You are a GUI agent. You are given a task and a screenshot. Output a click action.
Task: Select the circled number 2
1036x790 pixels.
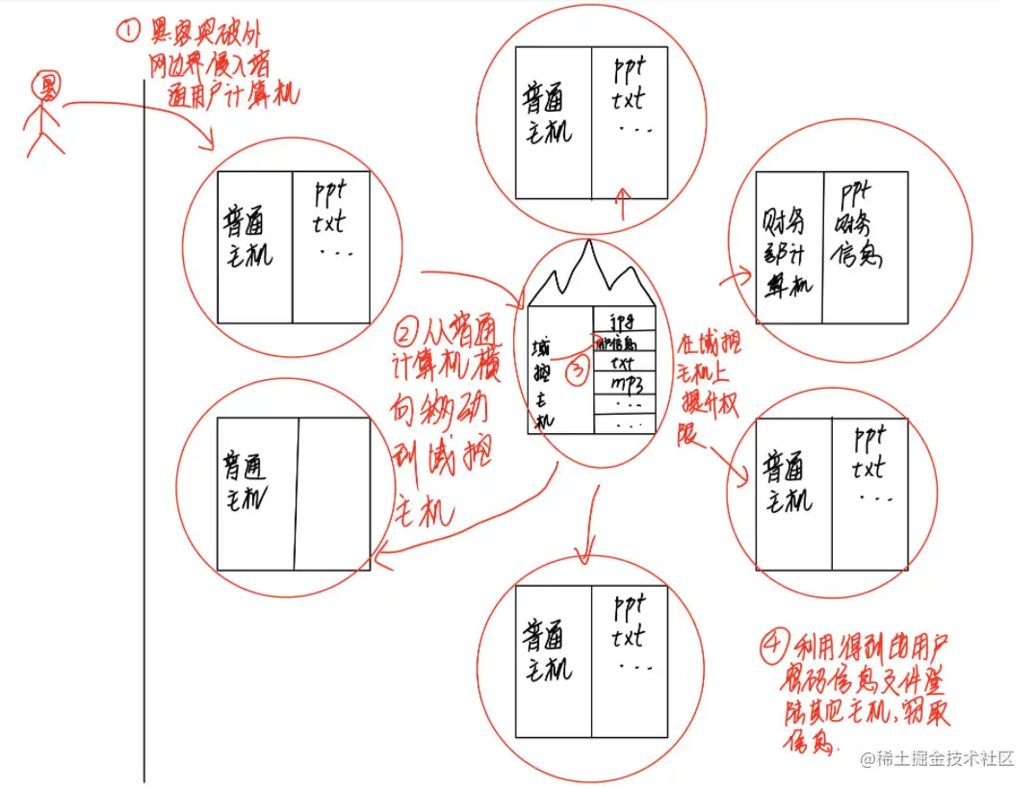(406, 336)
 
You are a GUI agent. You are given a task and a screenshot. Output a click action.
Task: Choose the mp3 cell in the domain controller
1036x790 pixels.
(625, 385)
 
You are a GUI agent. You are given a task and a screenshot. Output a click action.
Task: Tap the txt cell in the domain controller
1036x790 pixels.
(625, 363)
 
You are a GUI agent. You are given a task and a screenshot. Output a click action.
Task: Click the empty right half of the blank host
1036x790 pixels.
(333, 494)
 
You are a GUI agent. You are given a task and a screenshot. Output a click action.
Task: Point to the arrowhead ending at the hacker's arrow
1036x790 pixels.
(209, 144)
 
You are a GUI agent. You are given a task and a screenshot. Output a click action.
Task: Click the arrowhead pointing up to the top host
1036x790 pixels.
(623, 195)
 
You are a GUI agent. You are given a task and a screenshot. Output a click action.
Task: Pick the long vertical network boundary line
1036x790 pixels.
(144, 433)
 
